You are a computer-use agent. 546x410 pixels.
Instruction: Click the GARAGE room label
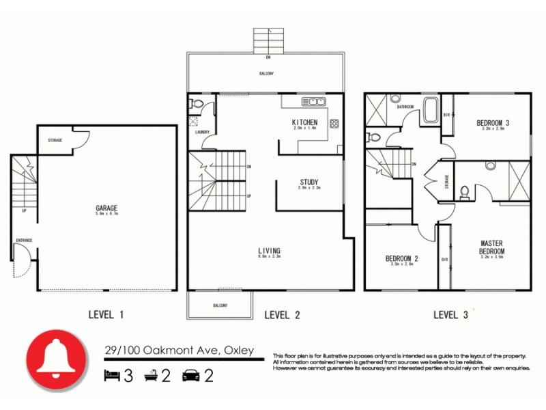pos(106,208)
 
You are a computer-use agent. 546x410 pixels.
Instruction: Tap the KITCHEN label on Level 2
pos(304,122)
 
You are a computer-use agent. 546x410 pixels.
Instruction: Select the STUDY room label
pos(308,182)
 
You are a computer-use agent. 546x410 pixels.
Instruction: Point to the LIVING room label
pos(269,251)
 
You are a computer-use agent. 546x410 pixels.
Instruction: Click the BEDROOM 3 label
pos(493,123)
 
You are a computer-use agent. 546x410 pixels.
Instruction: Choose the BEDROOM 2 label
pos(401,258)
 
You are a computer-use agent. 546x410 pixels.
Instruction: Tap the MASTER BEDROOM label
pos(491,247)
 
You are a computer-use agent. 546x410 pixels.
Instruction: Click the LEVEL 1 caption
pos(106,315)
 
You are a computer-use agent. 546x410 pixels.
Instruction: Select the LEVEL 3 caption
pos(451,315)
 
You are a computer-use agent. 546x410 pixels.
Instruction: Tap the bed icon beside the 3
pos(111,375)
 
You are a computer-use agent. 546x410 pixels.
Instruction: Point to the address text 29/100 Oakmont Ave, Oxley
pos(179,351)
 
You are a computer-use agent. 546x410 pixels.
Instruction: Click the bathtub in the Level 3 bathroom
pos(431,111)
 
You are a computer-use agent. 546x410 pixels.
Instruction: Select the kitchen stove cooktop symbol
pos(334,124)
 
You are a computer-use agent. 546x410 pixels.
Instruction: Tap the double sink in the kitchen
pos(313,102)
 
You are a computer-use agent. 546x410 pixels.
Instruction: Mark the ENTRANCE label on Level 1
pos(24,241)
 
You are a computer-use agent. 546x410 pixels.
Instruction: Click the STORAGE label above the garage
pos(55,141)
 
